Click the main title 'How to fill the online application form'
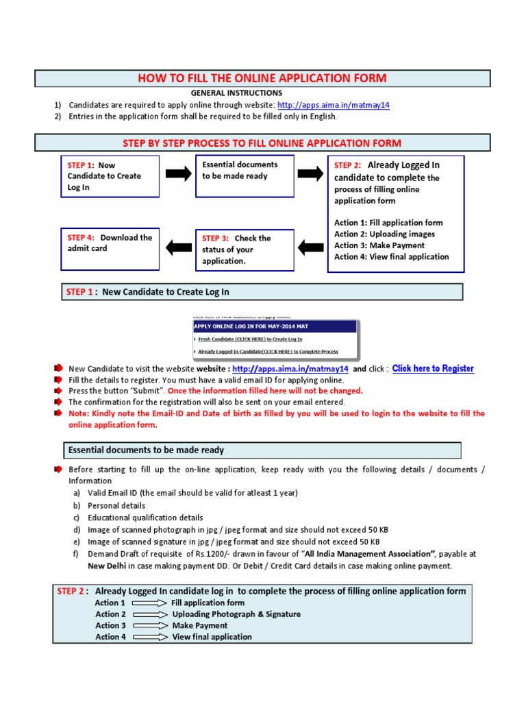tap(262, 78)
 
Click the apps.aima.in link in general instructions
tap(334, 105)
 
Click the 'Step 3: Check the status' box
tap(245, 250)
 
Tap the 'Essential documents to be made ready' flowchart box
tap(245, 175)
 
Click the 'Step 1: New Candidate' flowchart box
tap(110, 176)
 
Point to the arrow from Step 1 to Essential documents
tap(179, 174)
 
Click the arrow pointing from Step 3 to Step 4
tap(179, 246)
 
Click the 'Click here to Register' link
tap(433, 369)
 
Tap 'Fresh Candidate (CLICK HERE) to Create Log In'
tap(250, 339)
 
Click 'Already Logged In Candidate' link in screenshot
tap(268, 352)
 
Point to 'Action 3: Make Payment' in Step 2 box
tap(379, 245)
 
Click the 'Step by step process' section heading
tap(262, 143)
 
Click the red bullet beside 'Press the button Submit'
tap(58, 391)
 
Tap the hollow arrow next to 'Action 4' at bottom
tap(150, 637)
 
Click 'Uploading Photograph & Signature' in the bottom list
tap(236, 614)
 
